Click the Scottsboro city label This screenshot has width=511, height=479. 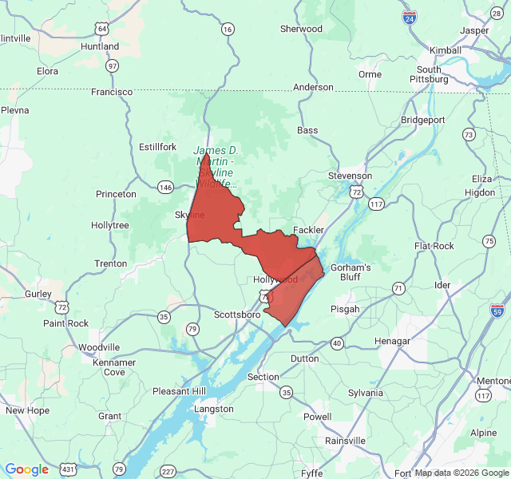pos(237,315)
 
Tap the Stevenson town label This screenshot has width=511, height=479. pos(350,176)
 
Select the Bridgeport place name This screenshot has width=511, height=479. pos(422,120)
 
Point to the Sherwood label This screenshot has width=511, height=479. pos(301,29)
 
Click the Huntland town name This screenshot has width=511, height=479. pos(100,47)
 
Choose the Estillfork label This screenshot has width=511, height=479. pos(157,147)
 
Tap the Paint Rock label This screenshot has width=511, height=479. pos(65,323)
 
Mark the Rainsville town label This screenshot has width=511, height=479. pos(345,441)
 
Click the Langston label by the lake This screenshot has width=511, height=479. pos(214,409)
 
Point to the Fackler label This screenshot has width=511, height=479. pos(308,230)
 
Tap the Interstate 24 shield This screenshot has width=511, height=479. pos(409,16)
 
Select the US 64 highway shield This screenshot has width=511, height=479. pos(101,28)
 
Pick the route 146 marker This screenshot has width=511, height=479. pos(165,187)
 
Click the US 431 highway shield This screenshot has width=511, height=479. pos(69,469)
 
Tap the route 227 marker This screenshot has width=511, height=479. pos(168,471)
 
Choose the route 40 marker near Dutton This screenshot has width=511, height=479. pos(337,343)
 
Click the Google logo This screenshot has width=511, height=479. pos(27,469)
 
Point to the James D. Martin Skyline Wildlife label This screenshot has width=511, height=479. pos(216,167)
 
